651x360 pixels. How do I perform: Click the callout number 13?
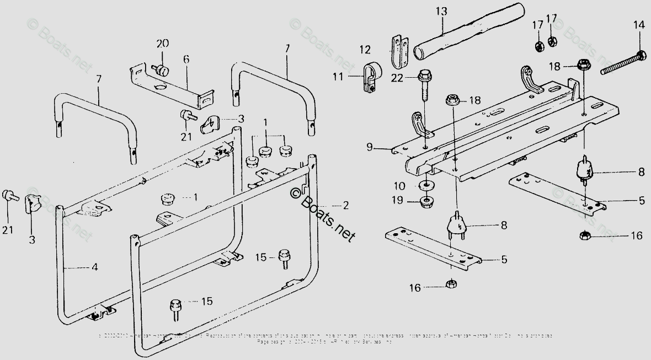tap(441, 10)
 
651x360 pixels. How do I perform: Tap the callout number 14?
tap(638, 25)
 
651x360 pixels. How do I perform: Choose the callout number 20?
tap(161, 44)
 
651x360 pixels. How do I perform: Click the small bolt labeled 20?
tap(161, 71)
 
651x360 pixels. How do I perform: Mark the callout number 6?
tap(186, 58)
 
